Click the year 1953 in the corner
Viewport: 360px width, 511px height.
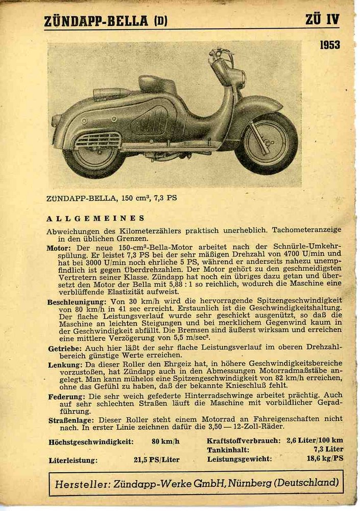pos(329,45)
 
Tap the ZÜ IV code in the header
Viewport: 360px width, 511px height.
pos(322,20)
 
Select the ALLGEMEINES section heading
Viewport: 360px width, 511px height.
pos(95,218)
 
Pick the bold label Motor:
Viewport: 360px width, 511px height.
pos(59,247)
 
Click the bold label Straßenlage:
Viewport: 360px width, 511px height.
pos(69,420)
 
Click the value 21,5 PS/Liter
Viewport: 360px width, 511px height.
pos(156,459)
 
